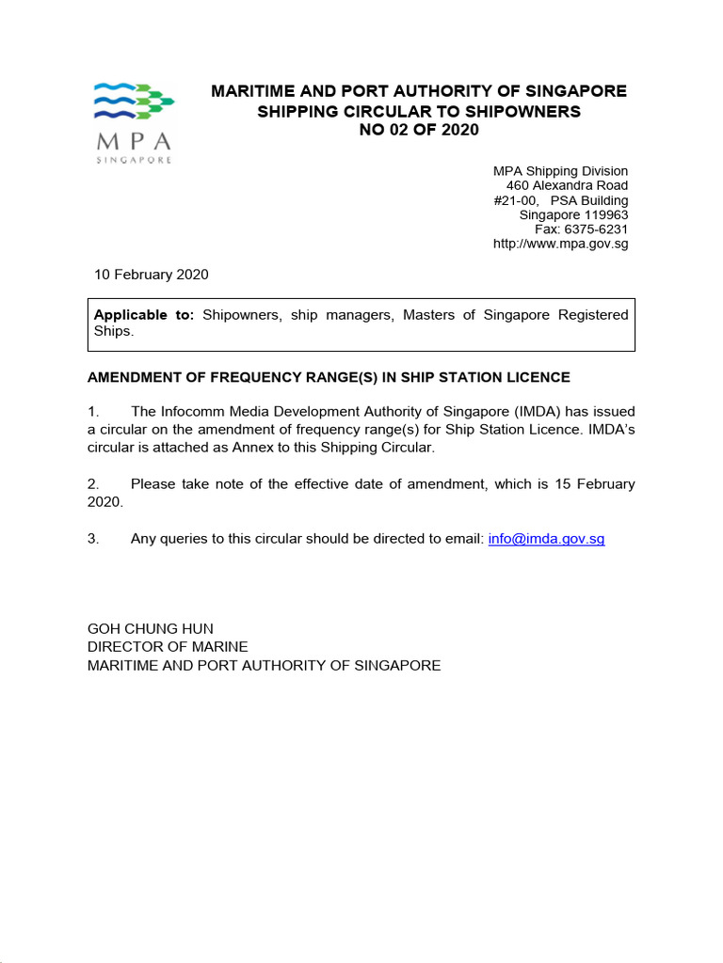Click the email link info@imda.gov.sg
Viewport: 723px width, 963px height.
[x=546, y=539]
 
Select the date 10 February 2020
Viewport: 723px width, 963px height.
[x=151, y=275]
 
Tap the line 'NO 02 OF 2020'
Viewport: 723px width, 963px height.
[x=419, y=130]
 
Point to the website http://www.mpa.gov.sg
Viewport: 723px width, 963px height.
[x=560, y=244]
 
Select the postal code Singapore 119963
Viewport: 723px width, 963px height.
[x=573, y=214]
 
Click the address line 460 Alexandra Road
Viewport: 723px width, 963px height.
[x=567, y=185]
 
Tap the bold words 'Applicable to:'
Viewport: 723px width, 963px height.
[x=144, y=315]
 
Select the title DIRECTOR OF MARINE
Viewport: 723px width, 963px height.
[x=168, y=647]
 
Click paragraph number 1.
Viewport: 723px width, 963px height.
[x=92, y=411]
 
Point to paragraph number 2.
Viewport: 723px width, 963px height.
[x=92, y=484]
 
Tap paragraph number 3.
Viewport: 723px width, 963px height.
[x=92, y=539]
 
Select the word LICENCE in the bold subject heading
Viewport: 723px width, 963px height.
[x=536, y=377]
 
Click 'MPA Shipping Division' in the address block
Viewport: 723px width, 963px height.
[x=560, y=171]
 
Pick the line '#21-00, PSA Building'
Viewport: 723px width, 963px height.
[x=560, y=200]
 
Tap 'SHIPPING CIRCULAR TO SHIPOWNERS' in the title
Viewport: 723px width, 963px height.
[x=419, y=111]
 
